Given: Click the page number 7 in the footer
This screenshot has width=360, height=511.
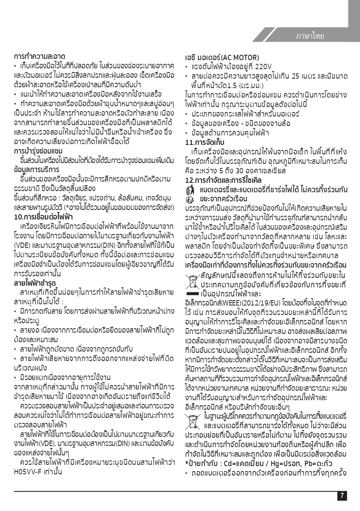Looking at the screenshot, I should coord(342,496).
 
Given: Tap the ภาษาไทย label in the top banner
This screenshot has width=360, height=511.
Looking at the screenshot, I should coord(309,36).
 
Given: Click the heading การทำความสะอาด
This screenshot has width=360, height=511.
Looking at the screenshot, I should coord(39,56).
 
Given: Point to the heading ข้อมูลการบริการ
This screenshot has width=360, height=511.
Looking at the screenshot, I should coord(37,169).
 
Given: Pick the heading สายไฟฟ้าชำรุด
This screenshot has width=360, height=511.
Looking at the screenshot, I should coord(35,284).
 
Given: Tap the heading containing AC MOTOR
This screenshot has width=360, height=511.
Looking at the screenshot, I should coord(221,57).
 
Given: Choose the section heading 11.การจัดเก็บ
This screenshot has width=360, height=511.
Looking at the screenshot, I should coord(204,143).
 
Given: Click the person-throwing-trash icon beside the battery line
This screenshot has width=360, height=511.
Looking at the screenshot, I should coord(190,189).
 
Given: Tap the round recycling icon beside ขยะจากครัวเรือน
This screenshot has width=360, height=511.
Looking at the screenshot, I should coord(190,198).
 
